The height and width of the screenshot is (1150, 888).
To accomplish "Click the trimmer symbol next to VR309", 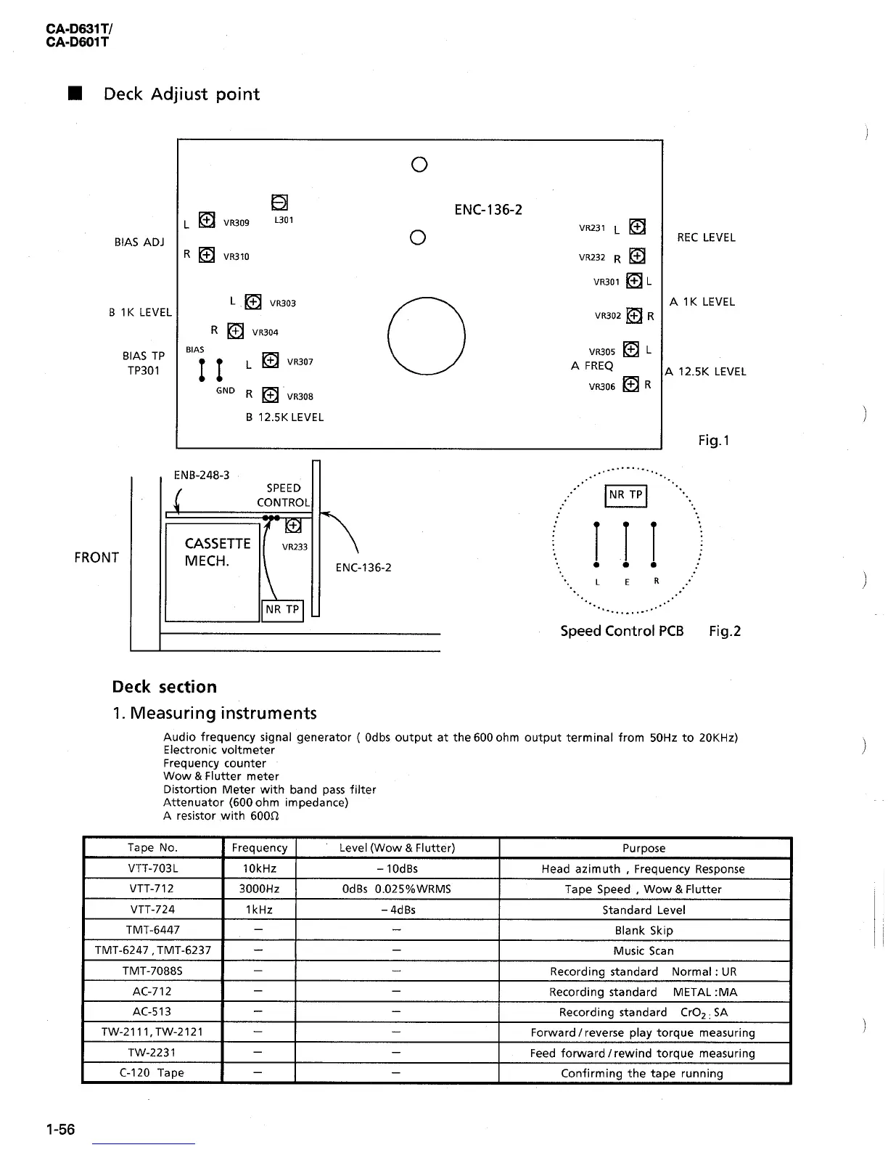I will point(207,220).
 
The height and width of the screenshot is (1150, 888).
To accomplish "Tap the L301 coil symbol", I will point(280,203).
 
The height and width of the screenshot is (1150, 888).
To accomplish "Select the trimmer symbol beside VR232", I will point(637,256).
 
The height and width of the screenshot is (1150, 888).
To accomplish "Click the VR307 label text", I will point(300,362).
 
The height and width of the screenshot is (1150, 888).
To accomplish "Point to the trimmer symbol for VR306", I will point(631,384).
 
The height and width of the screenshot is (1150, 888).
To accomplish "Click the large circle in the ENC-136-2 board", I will point(427,336).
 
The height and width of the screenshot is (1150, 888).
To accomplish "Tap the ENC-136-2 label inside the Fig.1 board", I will point(488,210).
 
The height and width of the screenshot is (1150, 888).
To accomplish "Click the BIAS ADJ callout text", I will point(139,242).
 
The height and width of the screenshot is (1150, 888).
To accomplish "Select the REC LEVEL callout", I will point(706,237).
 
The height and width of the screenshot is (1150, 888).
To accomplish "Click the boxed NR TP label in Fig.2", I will point(625,495).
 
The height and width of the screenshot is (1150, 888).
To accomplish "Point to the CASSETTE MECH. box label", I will point(207,552).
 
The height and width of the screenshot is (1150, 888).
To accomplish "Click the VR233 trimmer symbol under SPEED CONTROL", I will point(293,525).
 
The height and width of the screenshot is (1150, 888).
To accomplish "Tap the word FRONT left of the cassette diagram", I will point(96,558).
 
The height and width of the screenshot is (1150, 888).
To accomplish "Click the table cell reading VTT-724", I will point(152,909).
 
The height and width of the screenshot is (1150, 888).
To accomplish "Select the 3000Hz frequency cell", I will point(259,889).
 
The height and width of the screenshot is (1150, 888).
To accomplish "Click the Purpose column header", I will point(644,848).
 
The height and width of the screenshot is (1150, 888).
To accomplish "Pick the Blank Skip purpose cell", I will point(644,930).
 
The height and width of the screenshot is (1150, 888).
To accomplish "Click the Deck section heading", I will point(165,687).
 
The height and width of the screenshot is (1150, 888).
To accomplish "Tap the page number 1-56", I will point(60,1129).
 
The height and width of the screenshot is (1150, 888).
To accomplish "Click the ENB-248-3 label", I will point(202,475).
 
